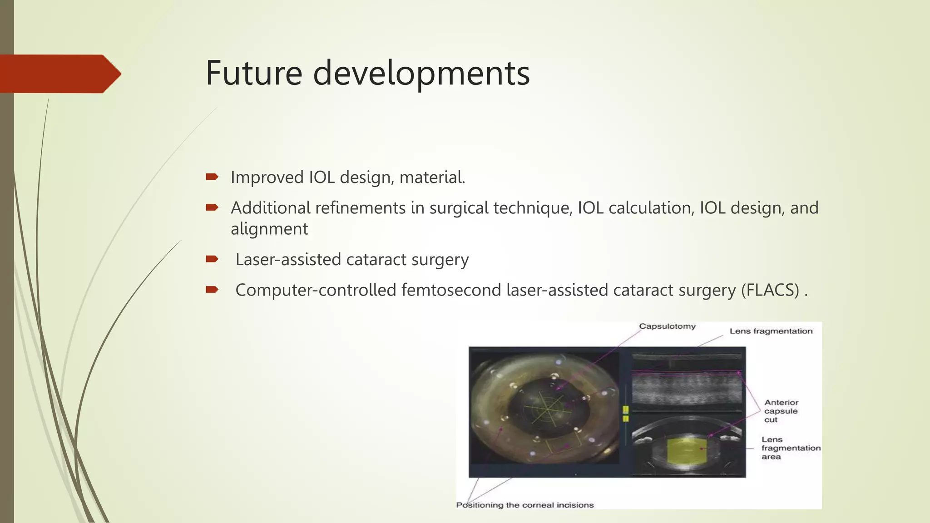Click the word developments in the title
pos(421,74)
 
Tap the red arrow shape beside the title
pos(59,74)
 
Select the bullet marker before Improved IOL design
pos(212,177)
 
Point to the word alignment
pos(269,229)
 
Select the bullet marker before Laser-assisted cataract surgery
pos(212,259)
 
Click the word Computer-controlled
pos(316,290)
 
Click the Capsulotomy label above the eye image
pos(667,326)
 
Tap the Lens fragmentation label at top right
pos(771,331)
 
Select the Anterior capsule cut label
pos(781,411)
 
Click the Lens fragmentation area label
pos(790,448)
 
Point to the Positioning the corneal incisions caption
pos(524,505)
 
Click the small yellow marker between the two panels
pos(625,414)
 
